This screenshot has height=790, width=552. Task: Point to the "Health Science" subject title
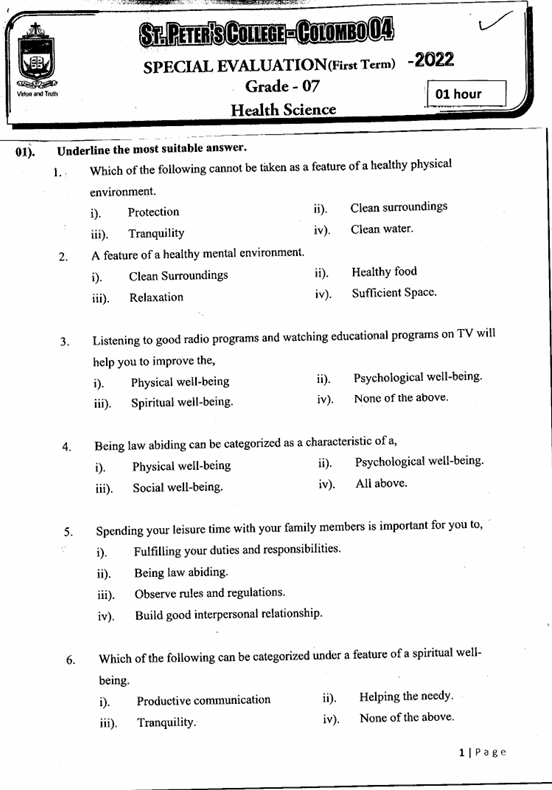click(x=283, y=109)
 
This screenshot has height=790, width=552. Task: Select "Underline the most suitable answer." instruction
click(x=152, y=149)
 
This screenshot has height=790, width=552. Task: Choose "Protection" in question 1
click(x=153, y=212)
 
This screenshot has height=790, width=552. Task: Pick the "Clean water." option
click(x=381, y=229)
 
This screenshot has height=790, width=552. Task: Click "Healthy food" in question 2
click(x=384, y=272)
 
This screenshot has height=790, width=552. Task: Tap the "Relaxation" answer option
click(x=156, y=297)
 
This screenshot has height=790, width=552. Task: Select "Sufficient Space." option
click(x=394, y=294)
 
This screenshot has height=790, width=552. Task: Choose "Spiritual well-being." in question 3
click(x=182, y=403)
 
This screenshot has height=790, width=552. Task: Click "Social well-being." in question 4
click(x=177, y=488)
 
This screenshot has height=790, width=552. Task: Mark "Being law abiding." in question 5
click(x=181, y=572)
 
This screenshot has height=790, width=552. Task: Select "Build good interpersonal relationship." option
click(x=228, y=614)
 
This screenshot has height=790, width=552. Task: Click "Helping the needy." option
click(x=406, y=696)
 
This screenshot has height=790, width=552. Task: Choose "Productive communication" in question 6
click(x=203, y=700)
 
